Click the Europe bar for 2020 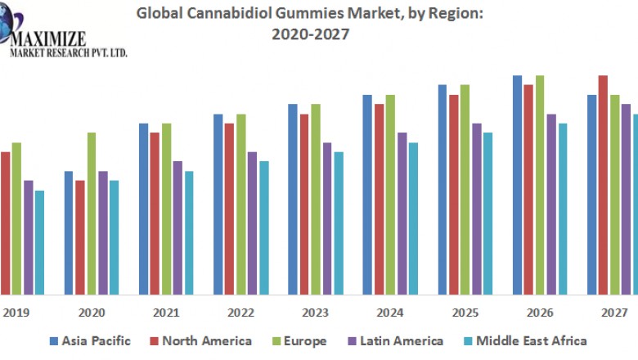tap(92, 213)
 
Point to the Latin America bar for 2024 tap(402, 213)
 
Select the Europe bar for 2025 tap(465, 189)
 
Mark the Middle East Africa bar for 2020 tap(114, 236)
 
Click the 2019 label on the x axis tap(16, 312)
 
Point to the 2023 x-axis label tap(315, 312)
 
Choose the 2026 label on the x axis tap(539, 312)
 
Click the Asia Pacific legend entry tap(89, 340)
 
